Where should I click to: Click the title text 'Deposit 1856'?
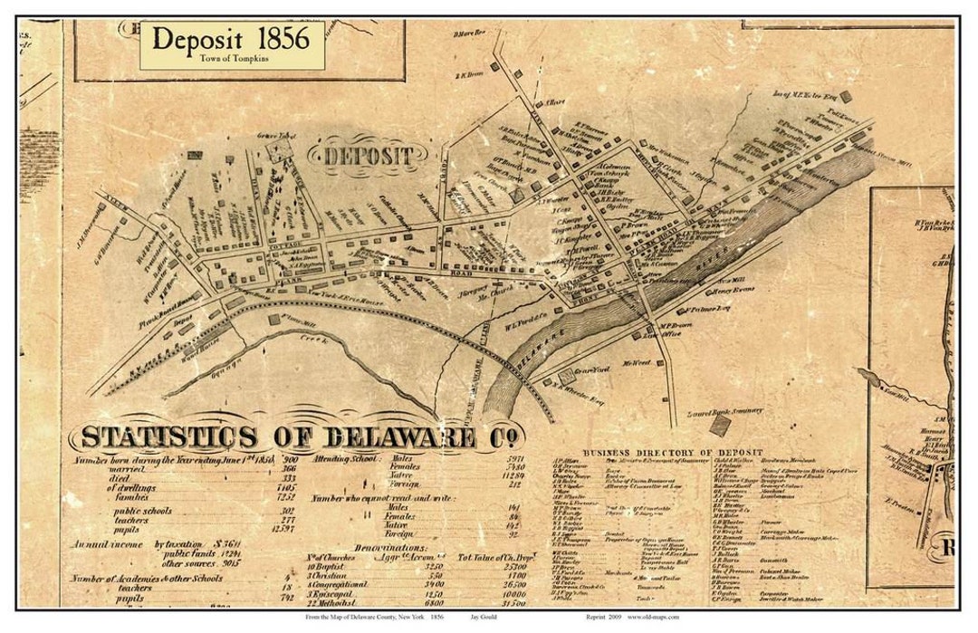click(231, 39)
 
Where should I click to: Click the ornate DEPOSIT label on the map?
click(369, 156)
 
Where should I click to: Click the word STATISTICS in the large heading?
click(168, 436)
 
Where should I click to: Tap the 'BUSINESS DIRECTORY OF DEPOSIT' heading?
click(673, 452)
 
